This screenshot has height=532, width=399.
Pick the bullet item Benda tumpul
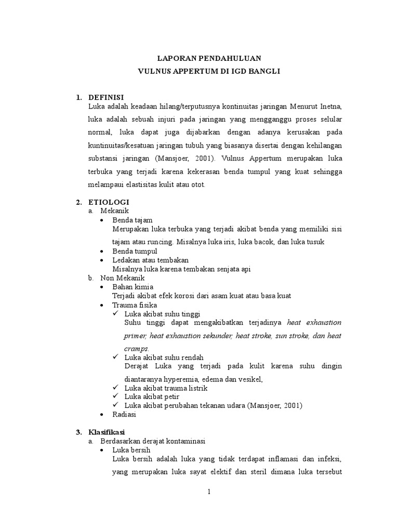pyautogui.click(x=131, y=251)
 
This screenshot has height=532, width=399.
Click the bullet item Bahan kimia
pyautogui.click(x=133, y=287)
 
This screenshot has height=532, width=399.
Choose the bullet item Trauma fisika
pyautogui.click(x=135, y=305)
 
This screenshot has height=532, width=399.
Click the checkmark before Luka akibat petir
pyautogui.click(x=115, y=396)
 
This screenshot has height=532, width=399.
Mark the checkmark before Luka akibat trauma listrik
pyautogui.click(x=115, y=388)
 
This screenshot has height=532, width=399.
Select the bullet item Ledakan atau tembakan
pyautogui.click(x=151, y=260)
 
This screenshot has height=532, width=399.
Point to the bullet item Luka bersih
pyautogui.click(x=131, y=450)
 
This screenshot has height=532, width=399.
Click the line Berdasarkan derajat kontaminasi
pyautogui.click(x=153, y=441)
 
